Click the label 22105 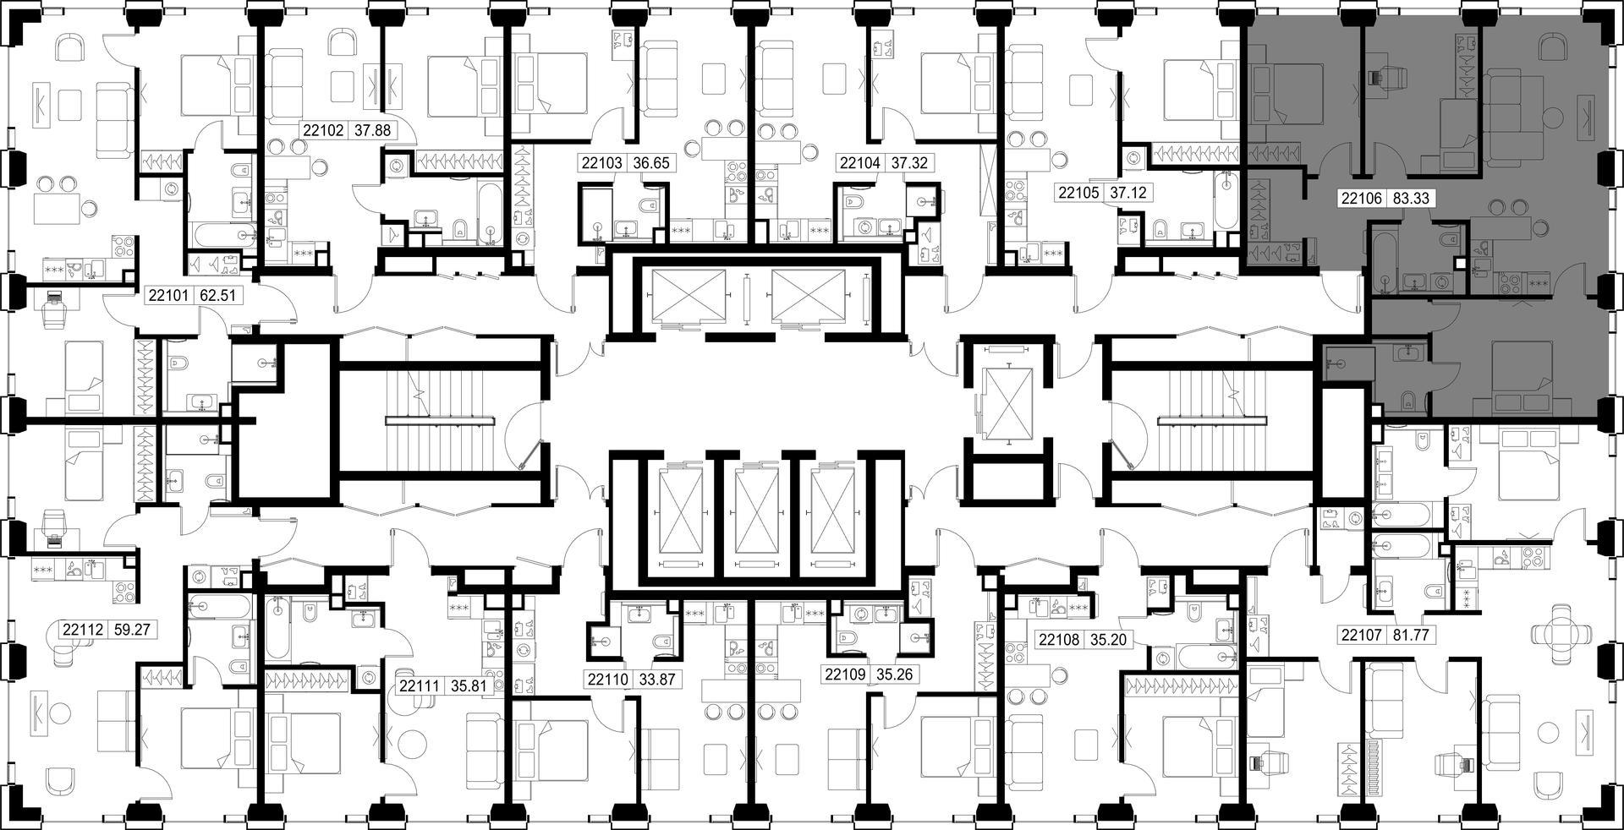click(x=1078, y=193)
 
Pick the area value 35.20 click(x=1108, y=640)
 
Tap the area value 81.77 click(x=1410, y=634)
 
